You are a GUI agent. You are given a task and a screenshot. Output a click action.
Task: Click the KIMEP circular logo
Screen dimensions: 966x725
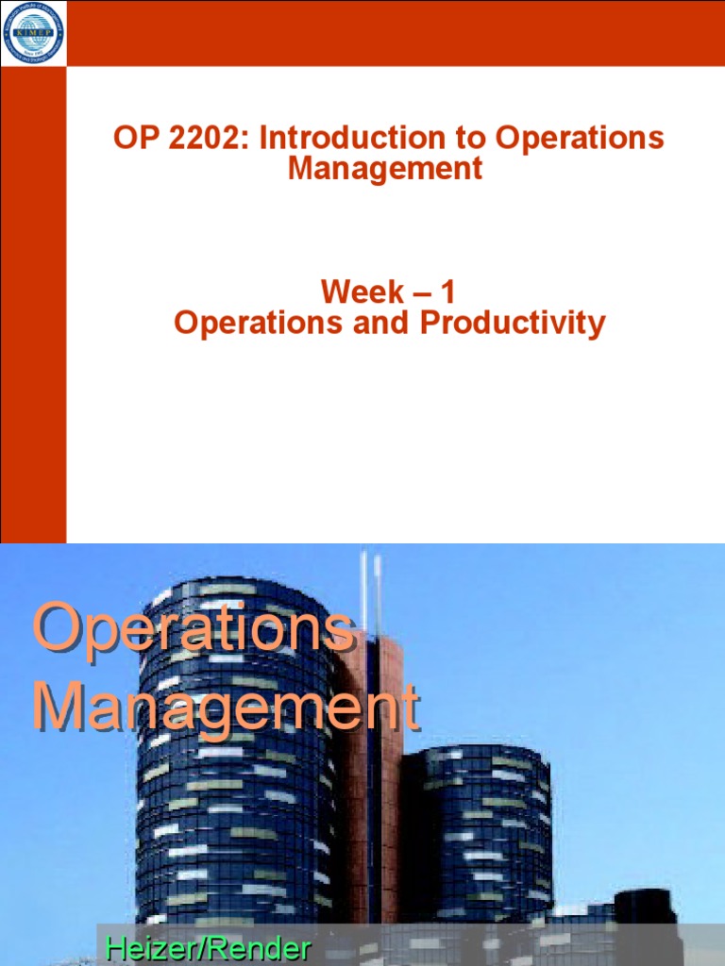(x=33, y=33)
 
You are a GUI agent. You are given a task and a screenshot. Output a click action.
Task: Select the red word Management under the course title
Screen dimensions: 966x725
(x=385, y=169)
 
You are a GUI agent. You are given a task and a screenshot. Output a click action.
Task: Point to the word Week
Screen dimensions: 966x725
(x=362, y=291)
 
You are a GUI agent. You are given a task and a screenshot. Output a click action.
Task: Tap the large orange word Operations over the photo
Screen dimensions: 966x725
(x=194, y=630)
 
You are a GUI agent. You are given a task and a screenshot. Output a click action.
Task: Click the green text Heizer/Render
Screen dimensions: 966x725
(x=208, y=947)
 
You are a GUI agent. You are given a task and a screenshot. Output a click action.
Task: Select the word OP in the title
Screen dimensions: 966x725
(x=132, y=138)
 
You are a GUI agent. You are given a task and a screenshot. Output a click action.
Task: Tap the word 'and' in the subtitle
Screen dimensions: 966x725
(x=388, y=323)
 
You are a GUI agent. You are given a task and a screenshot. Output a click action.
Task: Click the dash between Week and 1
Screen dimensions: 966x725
(x=416, y=291)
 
